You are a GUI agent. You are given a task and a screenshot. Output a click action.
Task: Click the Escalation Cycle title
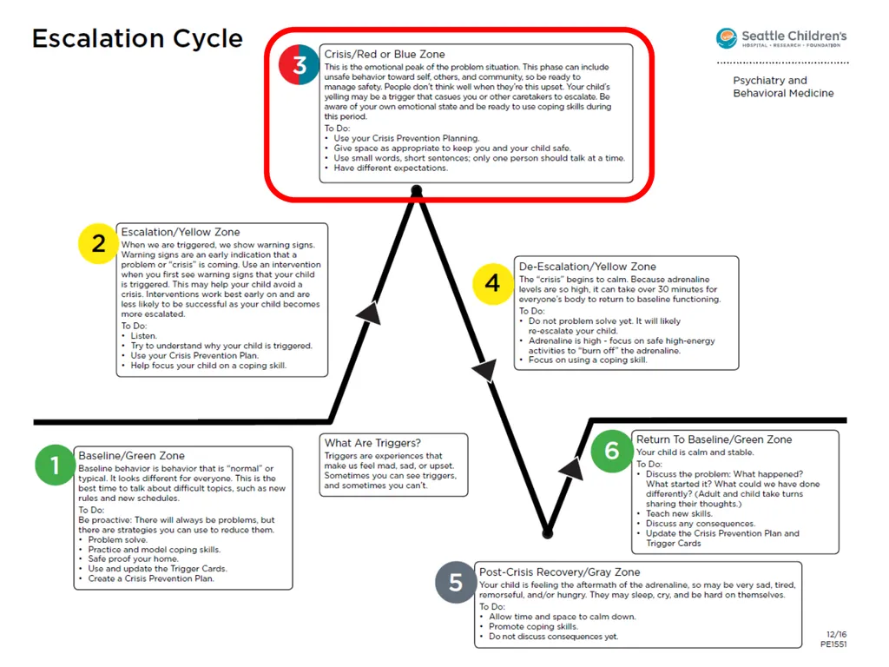coord(137,38)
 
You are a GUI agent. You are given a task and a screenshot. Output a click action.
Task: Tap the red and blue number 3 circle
coord(299,64)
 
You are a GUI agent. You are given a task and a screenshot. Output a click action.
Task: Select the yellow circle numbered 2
coord(99,243)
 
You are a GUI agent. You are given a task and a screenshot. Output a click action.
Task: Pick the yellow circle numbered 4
coord(493,284)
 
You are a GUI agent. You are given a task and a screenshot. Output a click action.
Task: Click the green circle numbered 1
coord(55,466)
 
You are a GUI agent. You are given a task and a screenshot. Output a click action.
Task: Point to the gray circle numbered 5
coord(455,583)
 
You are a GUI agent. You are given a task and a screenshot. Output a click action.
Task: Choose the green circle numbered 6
coord(611,452)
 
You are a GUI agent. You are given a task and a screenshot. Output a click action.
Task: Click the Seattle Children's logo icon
coord(727,38)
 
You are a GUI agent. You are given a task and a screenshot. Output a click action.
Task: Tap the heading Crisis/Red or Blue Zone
coord(385,55)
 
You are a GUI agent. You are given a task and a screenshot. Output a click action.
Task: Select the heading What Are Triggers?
coord(372,443)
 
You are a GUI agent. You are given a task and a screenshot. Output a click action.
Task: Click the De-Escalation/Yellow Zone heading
coord(588,267)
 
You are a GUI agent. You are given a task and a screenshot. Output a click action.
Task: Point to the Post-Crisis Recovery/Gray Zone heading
coord(560,572)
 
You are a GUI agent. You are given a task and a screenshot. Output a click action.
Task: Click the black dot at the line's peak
coord(417,190)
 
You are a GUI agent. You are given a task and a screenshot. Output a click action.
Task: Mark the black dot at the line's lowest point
coord(548,533)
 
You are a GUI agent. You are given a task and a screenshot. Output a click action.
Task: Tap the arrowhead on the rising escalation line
coord(370,313)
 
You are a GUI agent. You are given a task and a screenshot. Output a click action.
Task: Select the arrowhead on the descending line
coord(485,370)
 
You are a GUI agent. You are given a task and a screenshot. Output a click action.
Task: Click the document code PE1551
coord(833,644)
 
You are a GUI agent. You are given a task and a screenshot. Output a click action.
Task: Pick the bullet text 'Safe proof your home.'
coord(133,558)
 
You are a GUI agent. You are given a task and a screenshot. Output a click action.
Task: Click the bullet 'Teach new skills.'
coord(679,513)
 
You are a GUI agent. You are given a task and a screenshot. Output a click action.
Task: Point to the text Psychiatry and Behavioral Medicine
coord(784,87)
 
